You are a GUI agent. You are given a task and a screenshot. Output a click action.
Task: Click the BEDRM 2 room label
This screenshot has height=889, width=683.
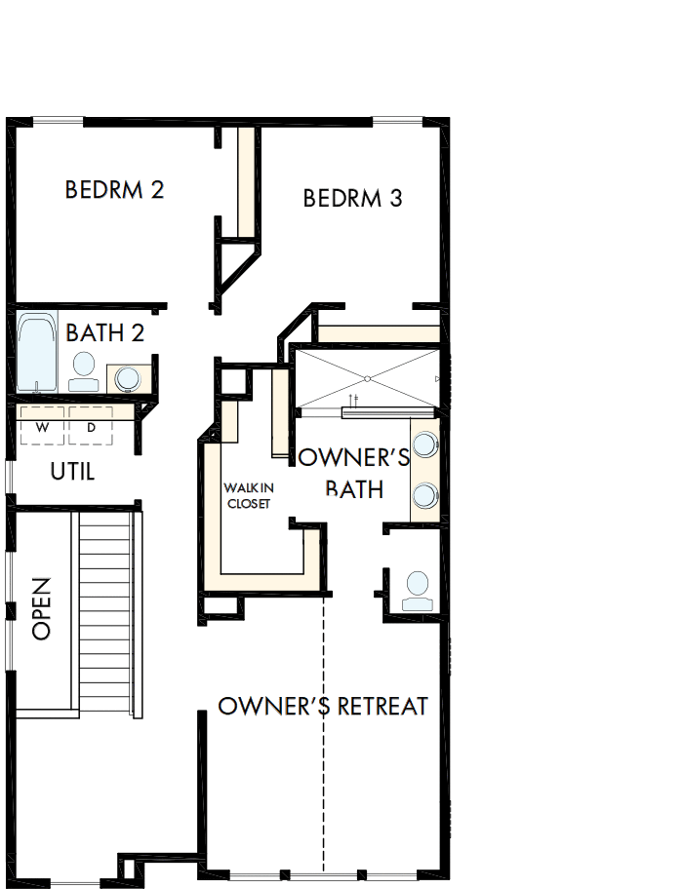pyautogui.click(x=114, y=189)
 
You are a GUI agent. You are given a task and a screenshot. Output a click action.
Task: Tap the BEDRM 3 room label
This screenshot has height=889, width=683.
pyautogui.click(x=352, y=198)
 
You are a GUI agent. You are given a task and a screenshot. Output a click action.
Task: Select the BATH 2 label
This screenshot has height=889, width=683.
pyautogui.click(x=105, y=333)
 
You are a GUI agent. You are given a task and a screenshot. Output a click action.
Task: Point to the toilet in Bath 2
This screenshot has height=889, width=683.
pyautogui.click(x=84, y=370)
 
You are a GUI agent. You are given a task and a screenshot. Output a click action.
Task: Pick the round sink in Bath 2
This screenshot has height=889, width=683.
pyautogui.click(x=127, y=377)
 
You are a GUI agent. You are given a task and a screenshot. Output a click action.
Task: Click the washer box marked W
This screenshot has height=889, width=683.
pyautogui.click(x=42, y=426)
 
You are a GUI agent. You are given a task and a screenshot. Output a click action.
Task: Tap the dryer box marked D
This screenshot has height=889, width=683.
pyautogui.click(x=91, y=426)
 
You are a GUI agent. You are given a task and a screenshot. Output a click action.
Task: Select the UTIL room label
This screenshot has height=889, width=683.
pyautogui.click(x=72, y=472)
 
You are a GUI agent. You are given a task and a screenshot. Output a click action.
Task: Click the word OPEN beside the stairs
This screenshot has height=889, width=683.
pyautogui.click(x=41, y=608)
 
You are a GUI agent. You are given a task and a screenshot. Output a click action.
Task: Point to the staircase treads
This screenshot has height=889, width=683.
pyautogui.click(x=104, y=614)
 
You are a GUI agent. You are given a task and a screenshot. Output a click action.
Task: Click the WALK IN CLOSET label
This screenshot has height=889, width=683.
pyautogui.click(x=247, y=495)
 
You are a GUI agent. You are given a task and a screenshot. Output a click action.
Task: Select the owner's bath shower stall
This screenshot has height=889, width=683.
pyautogui.click(x=368, y=377)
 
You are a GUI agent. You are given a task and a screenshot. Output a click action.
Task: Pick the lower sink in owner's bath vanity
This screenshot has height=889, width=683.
pyautogui.click(x=424, y=495)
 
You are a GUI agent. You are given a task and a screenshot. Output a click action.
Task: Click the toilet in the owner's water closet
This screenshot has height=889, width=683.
pyautogui.click(x=417, y=591)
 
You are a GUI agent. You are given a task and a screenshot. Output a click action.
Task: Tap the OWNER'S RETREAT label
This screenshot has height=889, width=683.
pyautogui.click(x=323, y=706)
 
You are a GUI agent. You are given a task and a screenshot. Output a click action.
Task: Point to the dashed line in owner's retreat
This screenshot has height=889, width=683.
pyautogui.click(x=323, y=780)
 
